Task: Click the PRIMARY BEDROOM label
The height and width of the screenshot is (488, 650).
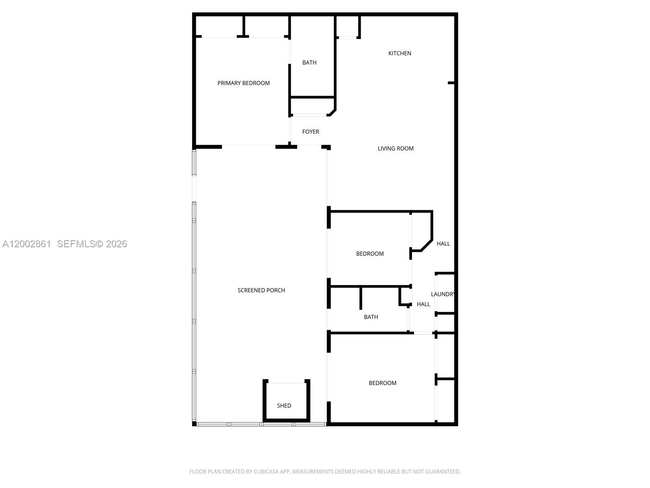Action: click(243, 83)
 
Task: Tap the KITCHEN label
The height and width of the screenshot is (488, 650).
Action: click(400, 53)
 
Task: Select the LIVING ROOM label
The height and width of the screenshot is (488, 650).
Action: click(395, 148)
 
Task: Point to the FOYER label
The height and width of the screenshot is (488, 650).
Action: click(310, 132)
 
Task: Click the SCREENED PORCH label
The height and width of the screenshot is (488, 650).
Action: click(261, 290)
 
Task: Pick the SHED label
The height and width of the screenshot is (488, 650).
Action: click(284, 405)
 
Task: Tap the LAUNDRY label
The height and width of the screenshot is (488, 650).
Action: click(442, 294)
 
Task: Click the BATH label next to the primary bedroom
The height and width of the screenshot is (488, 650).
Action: click(309, 63)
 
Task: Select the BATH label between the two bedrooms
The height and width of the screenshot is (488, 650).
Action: click(371, 317)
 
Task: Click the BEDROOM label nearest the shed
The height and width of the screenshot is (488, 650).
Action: click(382, 383)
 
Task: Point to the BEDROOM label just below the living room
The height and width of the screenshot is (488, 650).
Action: click(370, 254)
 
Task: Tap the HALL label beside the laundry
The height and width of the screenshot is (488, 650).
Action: click(423, 304)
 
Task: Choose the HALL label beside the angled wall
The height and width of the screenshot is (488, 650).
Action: click(443, 244)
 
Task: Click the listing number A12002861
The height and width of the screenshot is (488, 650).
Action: click(27, 244)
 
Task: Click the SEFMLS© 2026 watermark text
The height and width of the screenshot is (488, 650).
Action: click(92, 244)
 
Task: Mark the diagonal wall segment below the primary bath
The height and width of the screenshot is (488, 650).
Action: click(333, 112)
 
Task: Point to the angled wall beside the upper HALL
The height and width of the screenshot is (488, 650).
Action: click(427, 245)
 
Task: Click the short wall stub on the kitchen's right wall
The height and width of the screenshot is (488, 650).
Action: click(451, 83)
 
